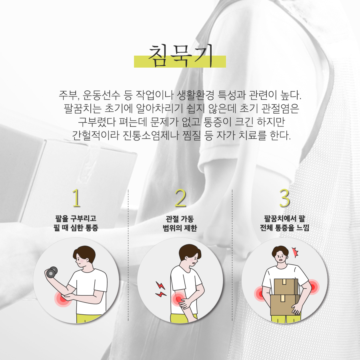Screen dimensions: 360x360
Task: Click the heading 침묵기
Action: [180, 55]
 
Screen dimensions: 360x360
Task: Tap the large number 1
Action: [76, 198]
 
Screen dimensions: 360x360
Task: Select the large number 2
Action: [180, 198]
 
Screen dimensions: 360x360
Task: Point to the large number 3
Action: [284, 198]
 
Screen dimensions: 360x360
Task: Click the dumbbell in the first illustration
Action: [51, 272]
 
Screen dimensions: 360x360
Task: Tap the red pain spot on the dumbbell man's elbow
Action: [63, 298]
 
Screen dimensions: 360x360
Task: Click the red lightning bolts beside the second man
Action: [160, 289]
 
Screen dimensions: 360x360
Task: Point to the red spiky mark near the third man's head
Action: [295, 252]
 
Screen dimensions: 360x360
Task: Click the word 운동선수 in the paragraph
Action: [102, 95]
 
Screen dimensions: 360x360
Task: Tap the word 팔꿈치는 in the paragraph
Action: [82, 108]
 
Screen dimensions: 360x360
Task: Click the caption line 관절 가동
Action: [180, 219]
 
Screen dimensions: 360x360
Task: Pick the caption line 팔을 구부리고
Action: [76, 218]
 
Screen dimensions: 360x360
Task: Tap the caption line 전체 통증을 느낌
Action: [285, 228]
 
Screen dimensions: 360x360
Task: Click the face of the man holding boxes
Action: [280, 258]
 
